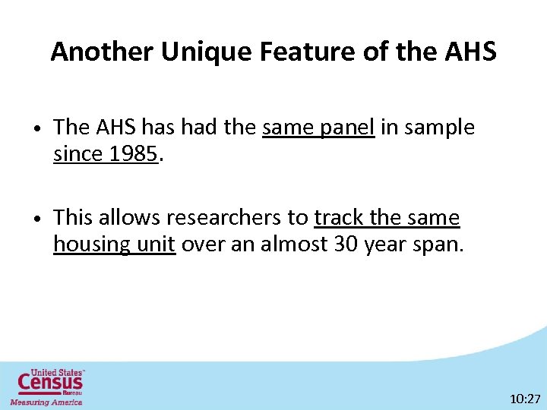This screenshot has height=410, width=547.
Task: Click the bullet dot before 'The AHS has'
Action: click(x=38, y=128)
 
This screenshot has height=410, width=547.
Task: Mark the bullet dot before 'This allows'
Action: click(x=38, y=219)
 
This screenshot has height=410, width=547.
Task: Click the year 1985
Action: click(x=134, y=154)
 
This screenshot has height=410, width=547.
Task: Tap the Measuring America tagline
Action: click(x=46, y=402)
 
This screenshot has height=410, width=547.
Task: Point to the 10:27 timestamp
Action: click(x=525, y=398)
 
